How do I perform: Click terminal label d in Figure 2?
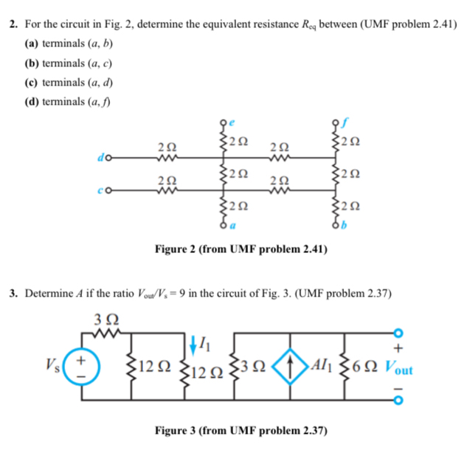coord(97,156)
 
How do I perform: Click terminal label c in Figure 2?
coord(97,193)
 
